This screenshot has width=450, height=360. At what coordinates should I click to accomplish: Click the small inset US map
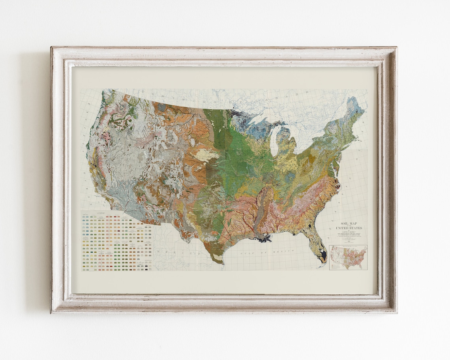tap(348, 257)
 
